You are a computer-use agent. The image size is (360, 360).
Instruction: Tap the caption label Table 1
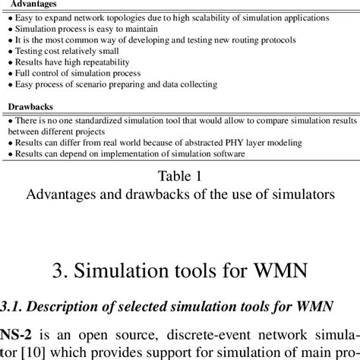(180, 177)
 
